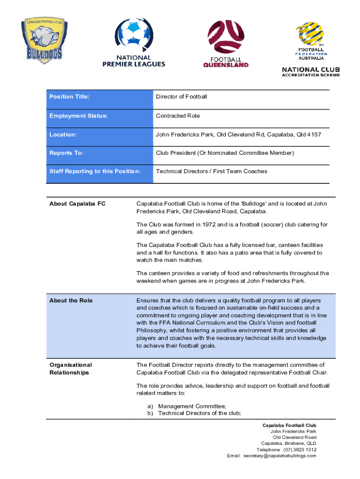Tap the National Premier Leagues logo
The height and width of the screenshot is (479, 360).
tap(134, 43)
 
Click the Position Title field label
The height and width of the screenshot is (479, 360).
tap(69, 97)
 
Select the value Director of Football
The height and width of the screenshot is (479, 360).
tap(181, 97)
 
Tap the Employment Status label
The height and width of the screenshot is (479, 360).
tap(79, 116)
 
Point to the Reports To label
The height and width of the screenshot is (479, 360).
tap(66, 153)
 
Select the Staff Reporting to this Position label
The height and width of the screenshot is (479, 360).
tap(95, 171)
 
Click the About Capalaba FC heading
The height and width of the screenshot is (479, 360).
tap(77, 204)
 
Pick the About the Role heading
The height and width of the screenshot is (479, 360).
tap(71, 300)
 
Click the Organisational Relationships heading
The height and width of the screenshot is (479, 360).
tap(71, 369)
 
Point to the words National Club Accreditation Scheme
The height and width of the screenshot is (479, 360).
tap(310, 72)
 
